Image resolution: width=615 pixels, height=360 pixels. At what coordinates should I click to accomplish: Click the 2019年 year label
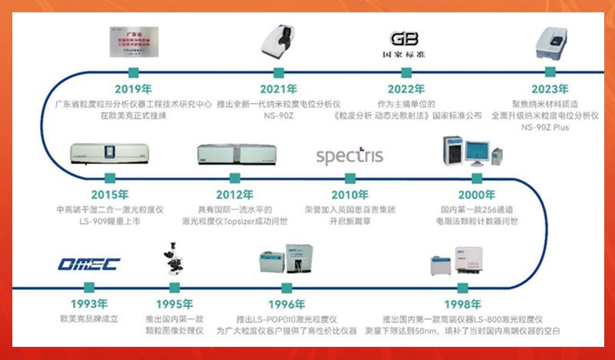coord(133,89)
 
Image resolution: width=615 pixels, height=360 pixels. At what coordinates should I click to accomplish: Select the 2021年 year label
coord(278,89)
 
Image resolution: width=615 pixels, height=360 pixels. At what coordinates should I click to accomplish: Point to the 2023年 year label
coord(550,89)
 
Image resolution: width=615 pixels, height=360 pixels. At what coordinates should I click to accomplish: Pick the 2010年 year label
coord(350,194)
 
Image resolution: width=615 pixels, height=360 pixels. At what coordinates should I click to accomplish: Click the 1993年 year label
coord(88,303)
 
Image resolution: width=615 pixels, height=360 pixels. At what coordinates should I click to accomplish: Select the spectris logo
coord(349,155)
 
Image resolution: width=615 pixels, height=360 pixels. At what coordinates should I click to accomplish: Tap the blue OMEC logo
coord(88,265)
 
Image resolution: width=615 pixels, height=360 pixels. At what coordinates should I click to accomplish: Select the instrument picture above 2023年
coord(550,42)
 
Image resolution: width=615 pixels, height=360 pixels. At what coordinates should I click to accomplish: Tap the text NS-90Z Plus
coord(550,126)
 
